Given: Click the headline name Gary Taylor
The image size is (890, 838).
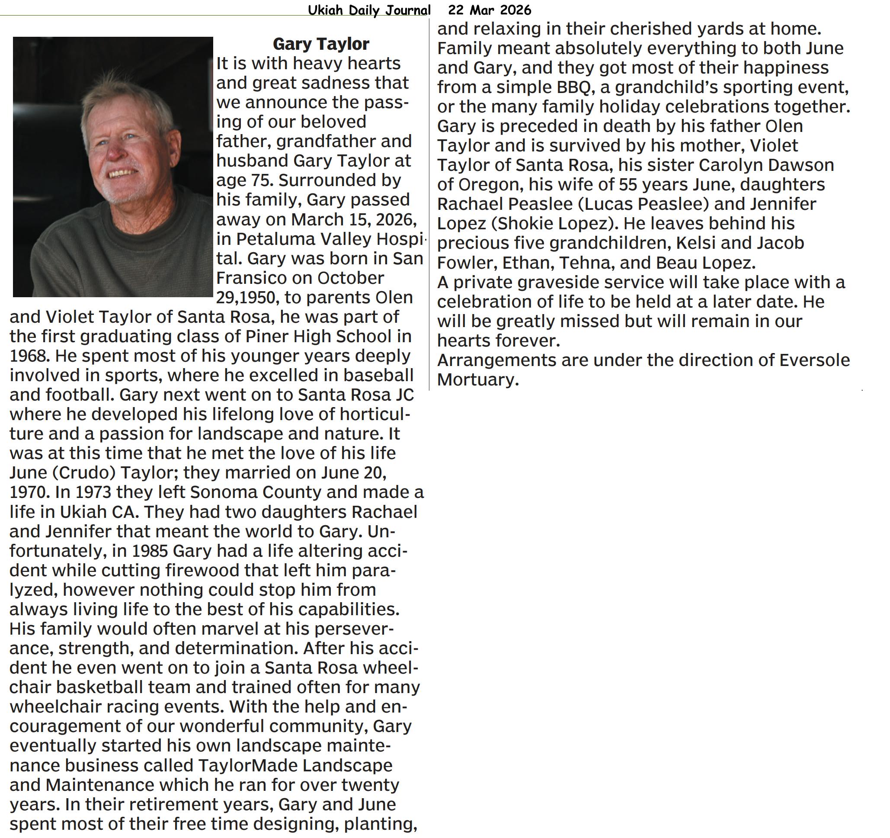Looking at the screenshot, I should click(x=320, y=44).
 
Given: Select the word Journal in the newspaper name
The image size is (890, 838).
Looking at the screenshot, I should click(x=406, y=10).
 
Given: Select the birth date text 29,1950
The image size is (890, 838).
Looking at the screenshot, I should click(x=247, y=297).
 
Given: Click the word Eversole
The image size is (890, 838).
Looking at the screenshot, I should click(x=814, y=360).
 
